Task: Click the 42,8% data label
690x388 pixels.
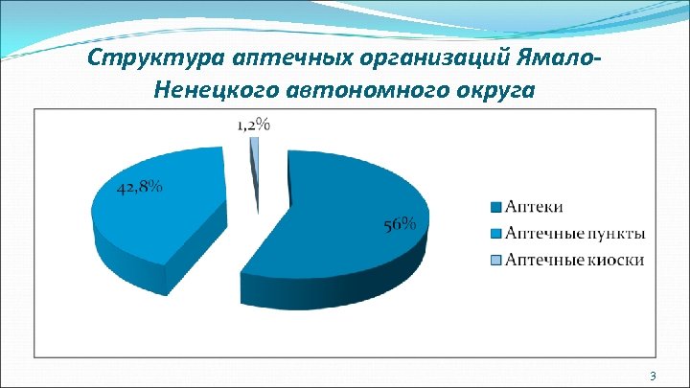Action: [140, 188]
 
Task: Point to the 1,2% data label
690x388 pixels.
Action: [254, 124]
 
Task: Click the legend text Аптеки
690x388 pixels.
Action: [534, 207]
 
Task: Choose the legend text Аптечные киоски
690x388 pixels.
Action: [574, 259]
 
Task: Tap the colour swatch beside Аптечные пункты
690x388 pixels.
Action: [495, 234]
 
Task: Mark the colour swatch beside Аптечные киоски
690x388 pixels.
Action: [495, 260]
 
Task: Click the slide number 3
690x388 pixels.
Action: [652, 375]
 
